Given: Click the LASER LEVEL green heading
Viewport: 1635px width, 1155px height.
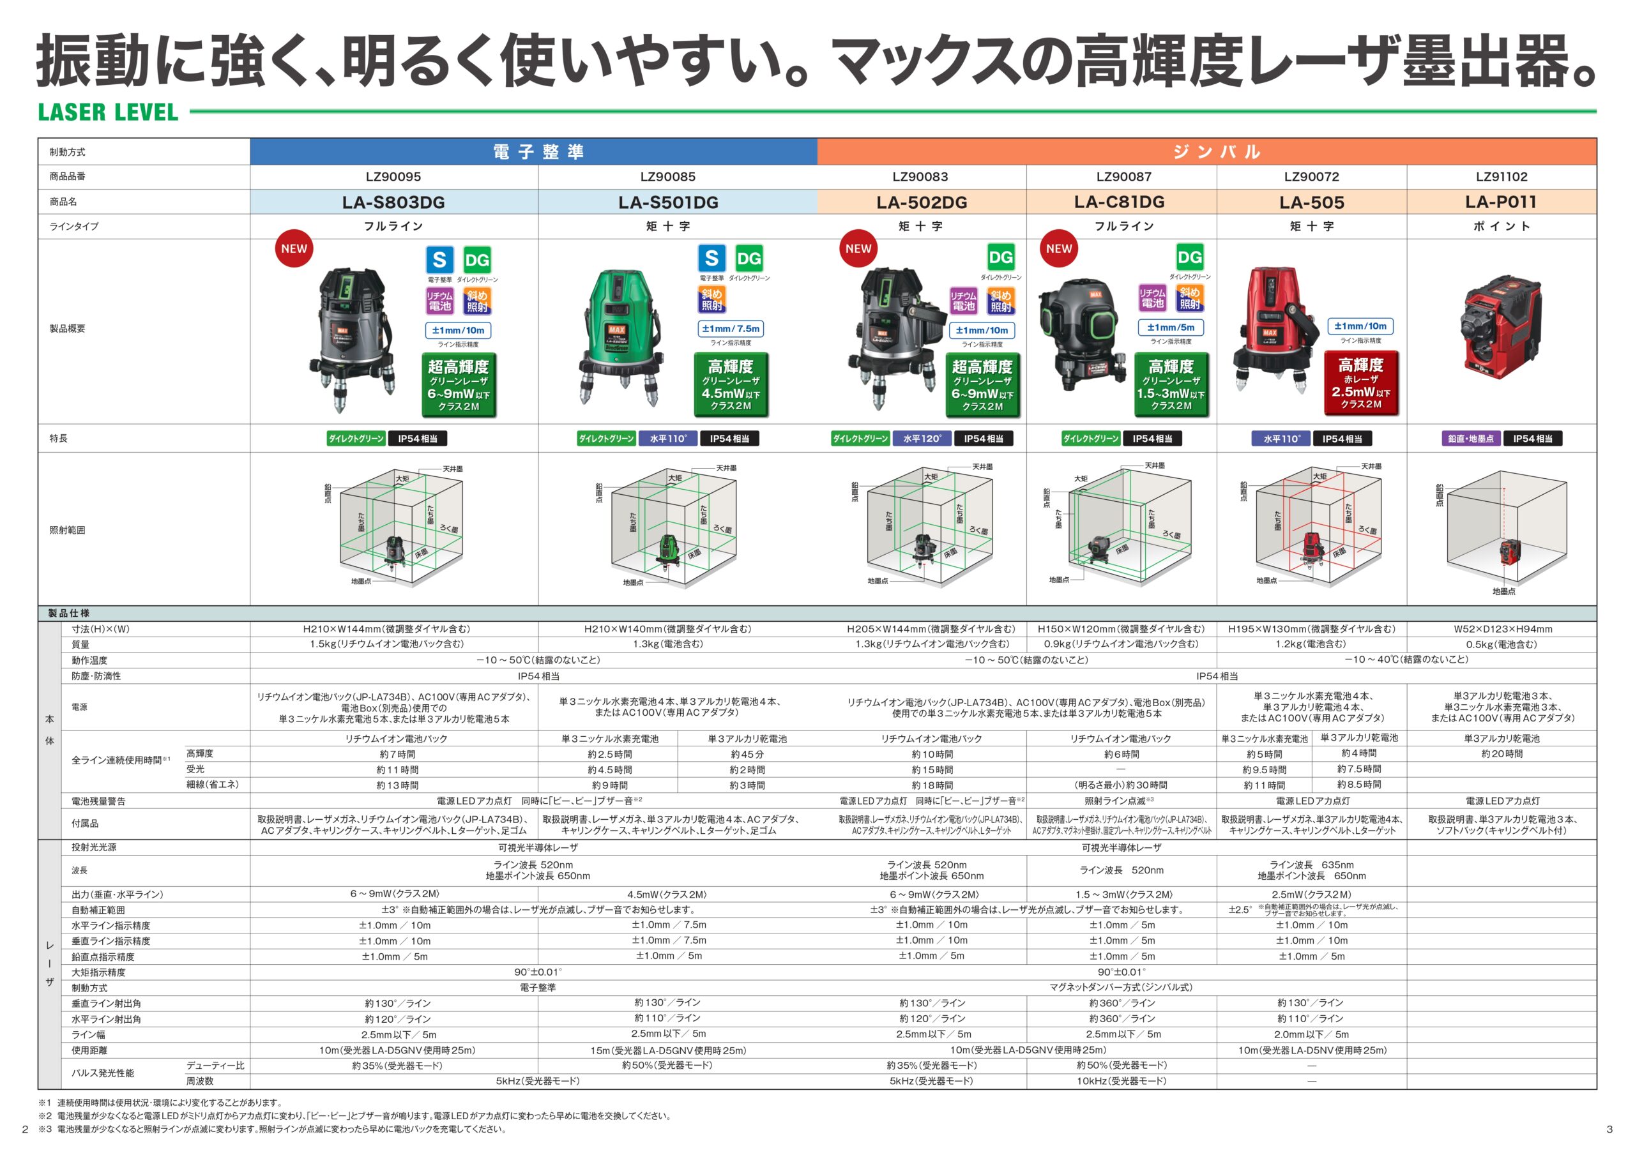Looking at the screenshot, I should [107, 112].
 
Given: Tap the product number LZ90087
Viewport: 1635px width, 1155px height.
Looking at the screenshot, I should [1123, 177].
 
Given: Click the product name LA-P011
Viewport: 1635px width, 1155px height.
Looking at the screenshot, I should [1500, 202].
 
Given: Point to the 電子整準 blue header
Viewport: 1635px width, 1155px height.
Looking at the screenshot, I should [538, 152].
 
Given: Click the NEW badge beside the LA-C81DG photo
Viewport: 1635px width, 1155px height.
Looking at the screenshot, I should [1058, 248].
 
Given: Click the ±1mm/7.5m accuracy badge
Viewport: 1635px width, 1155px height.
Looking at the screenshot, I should [731, 328].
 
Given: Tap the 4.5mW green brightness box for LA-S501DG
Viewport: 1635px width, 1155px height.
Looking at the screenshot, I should [731, 385].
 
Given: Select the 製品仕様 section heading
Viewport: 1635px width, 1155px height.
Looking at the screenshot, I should [68, 613].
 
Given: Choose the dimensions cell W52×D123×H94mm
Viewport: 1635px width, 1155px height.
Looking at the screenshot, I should [1503, 629].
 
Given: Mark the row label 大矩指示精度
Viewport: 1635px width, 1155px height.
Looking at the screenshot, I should [98, 972].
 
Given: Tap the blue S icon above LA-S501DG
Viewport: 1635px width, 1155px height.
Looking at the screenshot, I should [711, 259].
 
